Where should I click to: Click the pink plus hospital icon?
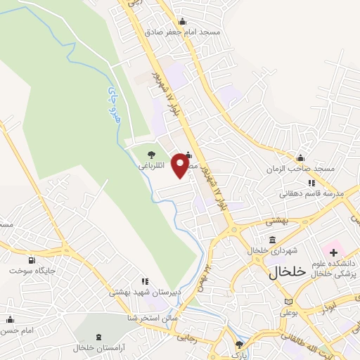333,251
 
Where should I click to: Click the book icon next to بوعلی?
288,302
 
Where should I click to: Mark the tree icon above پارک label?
240,345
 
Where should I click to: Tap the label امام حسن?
18,330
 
